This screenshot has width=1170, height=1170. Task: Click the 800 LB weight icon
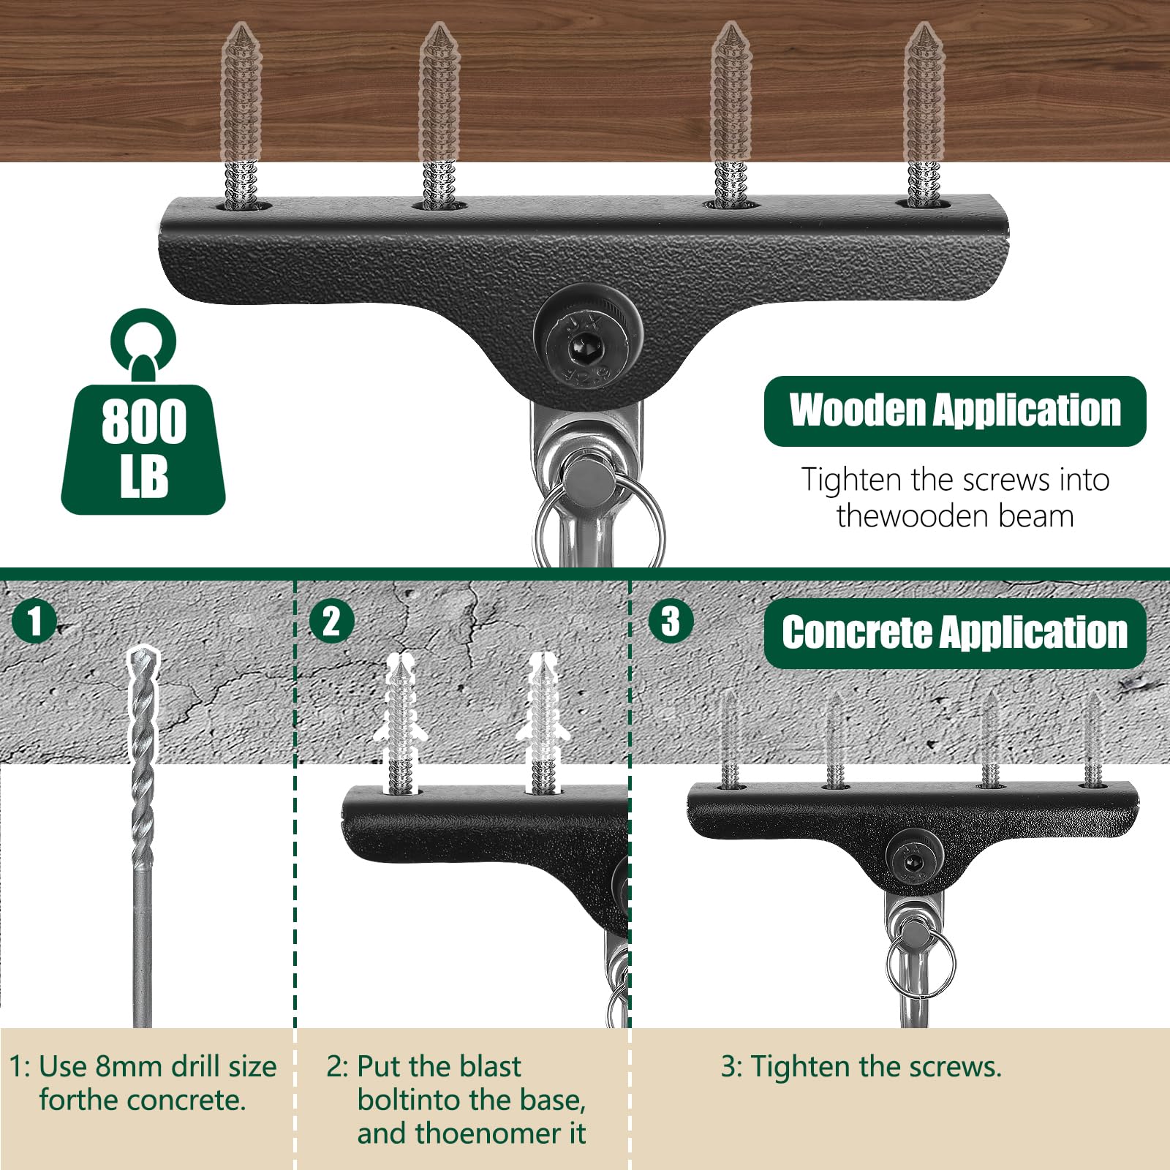[x=143, y=412]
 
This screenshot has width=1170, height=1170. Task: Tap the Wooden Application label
[x=955, y=411]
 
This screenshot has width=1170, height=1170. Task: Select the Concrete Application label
[x=955, y=633]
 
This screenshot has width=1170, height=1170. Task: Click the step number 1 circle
[x=34, y=621]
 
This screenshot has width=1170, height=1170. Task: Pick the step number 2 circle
[x=331, y=621]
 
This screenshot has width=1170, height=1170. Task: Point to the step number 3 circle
[x=671, y=621]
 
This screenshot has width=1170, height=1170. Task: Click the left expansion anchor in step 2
[x=399, y=724]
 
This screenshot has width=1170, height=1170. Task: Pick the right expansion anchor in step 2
[x=541, y=724]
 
